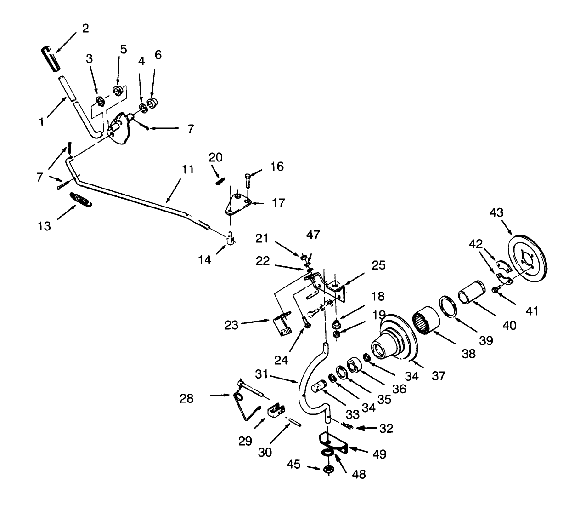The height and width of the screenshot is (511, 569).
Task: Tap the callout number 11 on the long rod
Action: [x=187, y=169]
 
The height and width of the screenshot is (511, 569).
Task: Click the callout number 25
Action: [x=379, y=265]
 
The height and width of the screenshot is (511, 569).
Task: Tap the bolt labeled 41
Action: [x=496, y=290]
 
